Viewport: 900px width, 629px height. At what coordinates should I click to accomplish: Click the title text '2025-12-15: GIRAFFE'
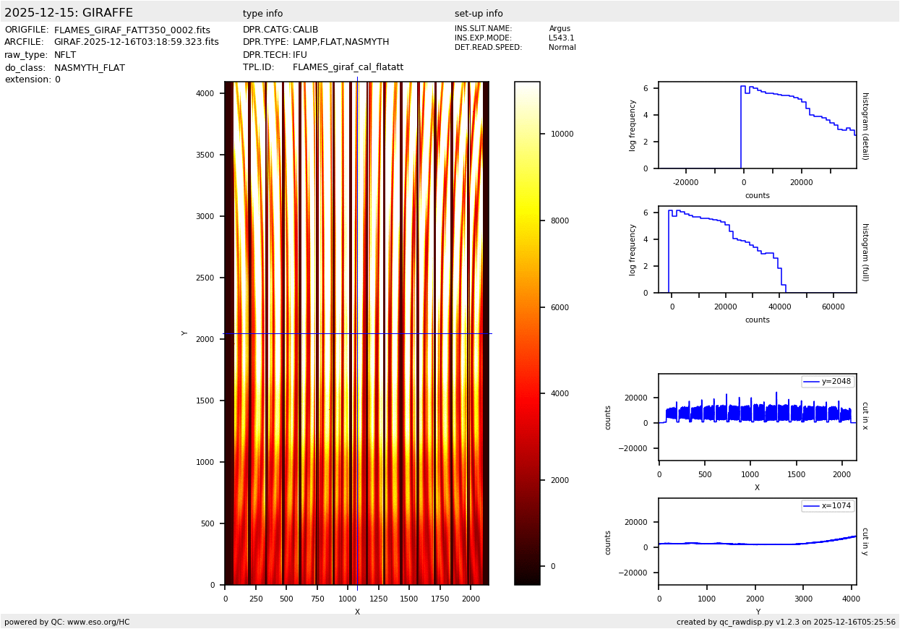(x=69, y=13)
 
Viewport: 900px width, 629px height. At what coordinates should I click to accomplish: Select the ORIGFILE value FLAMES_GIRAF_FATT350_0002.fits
(x=132, y=30)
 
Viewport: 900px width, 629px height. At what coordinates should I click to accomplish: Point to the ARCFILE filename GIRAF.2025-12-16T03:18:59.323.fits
(x=136, y=43)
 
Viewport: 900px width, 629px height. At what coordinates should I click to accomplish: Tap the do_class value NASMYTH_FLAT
(x=89, y=68)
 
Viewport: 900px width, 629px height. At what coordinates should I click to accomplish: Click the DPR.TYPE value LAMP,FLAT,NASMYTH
(x=340, y=43)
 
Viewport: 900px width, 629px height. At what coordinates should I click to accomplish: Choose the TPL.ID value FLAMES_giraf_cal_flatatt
(x=348, y=67)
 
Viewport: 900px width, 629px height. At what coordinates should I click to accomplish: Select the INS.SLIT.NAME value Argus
(x=560, y=29)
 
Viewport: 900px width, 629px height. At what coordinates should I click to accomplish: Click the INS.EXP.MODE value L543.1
(x=561, y=38)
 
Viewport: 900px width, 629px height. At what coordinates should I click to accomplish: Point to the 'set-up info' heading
(x=479, y=14)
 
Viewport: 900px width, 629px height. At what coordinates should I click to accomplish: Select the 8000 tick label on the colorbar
(x=557, y=221)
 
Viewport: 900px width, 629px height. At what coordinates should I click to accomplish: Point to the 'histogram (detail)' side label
(x=865, y=125)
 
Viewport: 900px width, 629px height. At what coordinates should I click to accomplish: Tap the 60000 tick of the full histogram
(x=833, y=307)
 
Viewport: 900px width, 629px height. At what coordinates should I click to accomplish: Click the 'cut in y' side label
(x=865, y=542)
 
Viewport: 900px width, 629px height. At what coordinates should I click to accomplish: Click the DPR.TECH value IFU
(x=299, y=55)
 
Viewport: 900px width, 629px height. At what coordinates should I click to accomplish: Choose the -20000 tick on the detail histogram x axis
(x=686, y=182)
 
